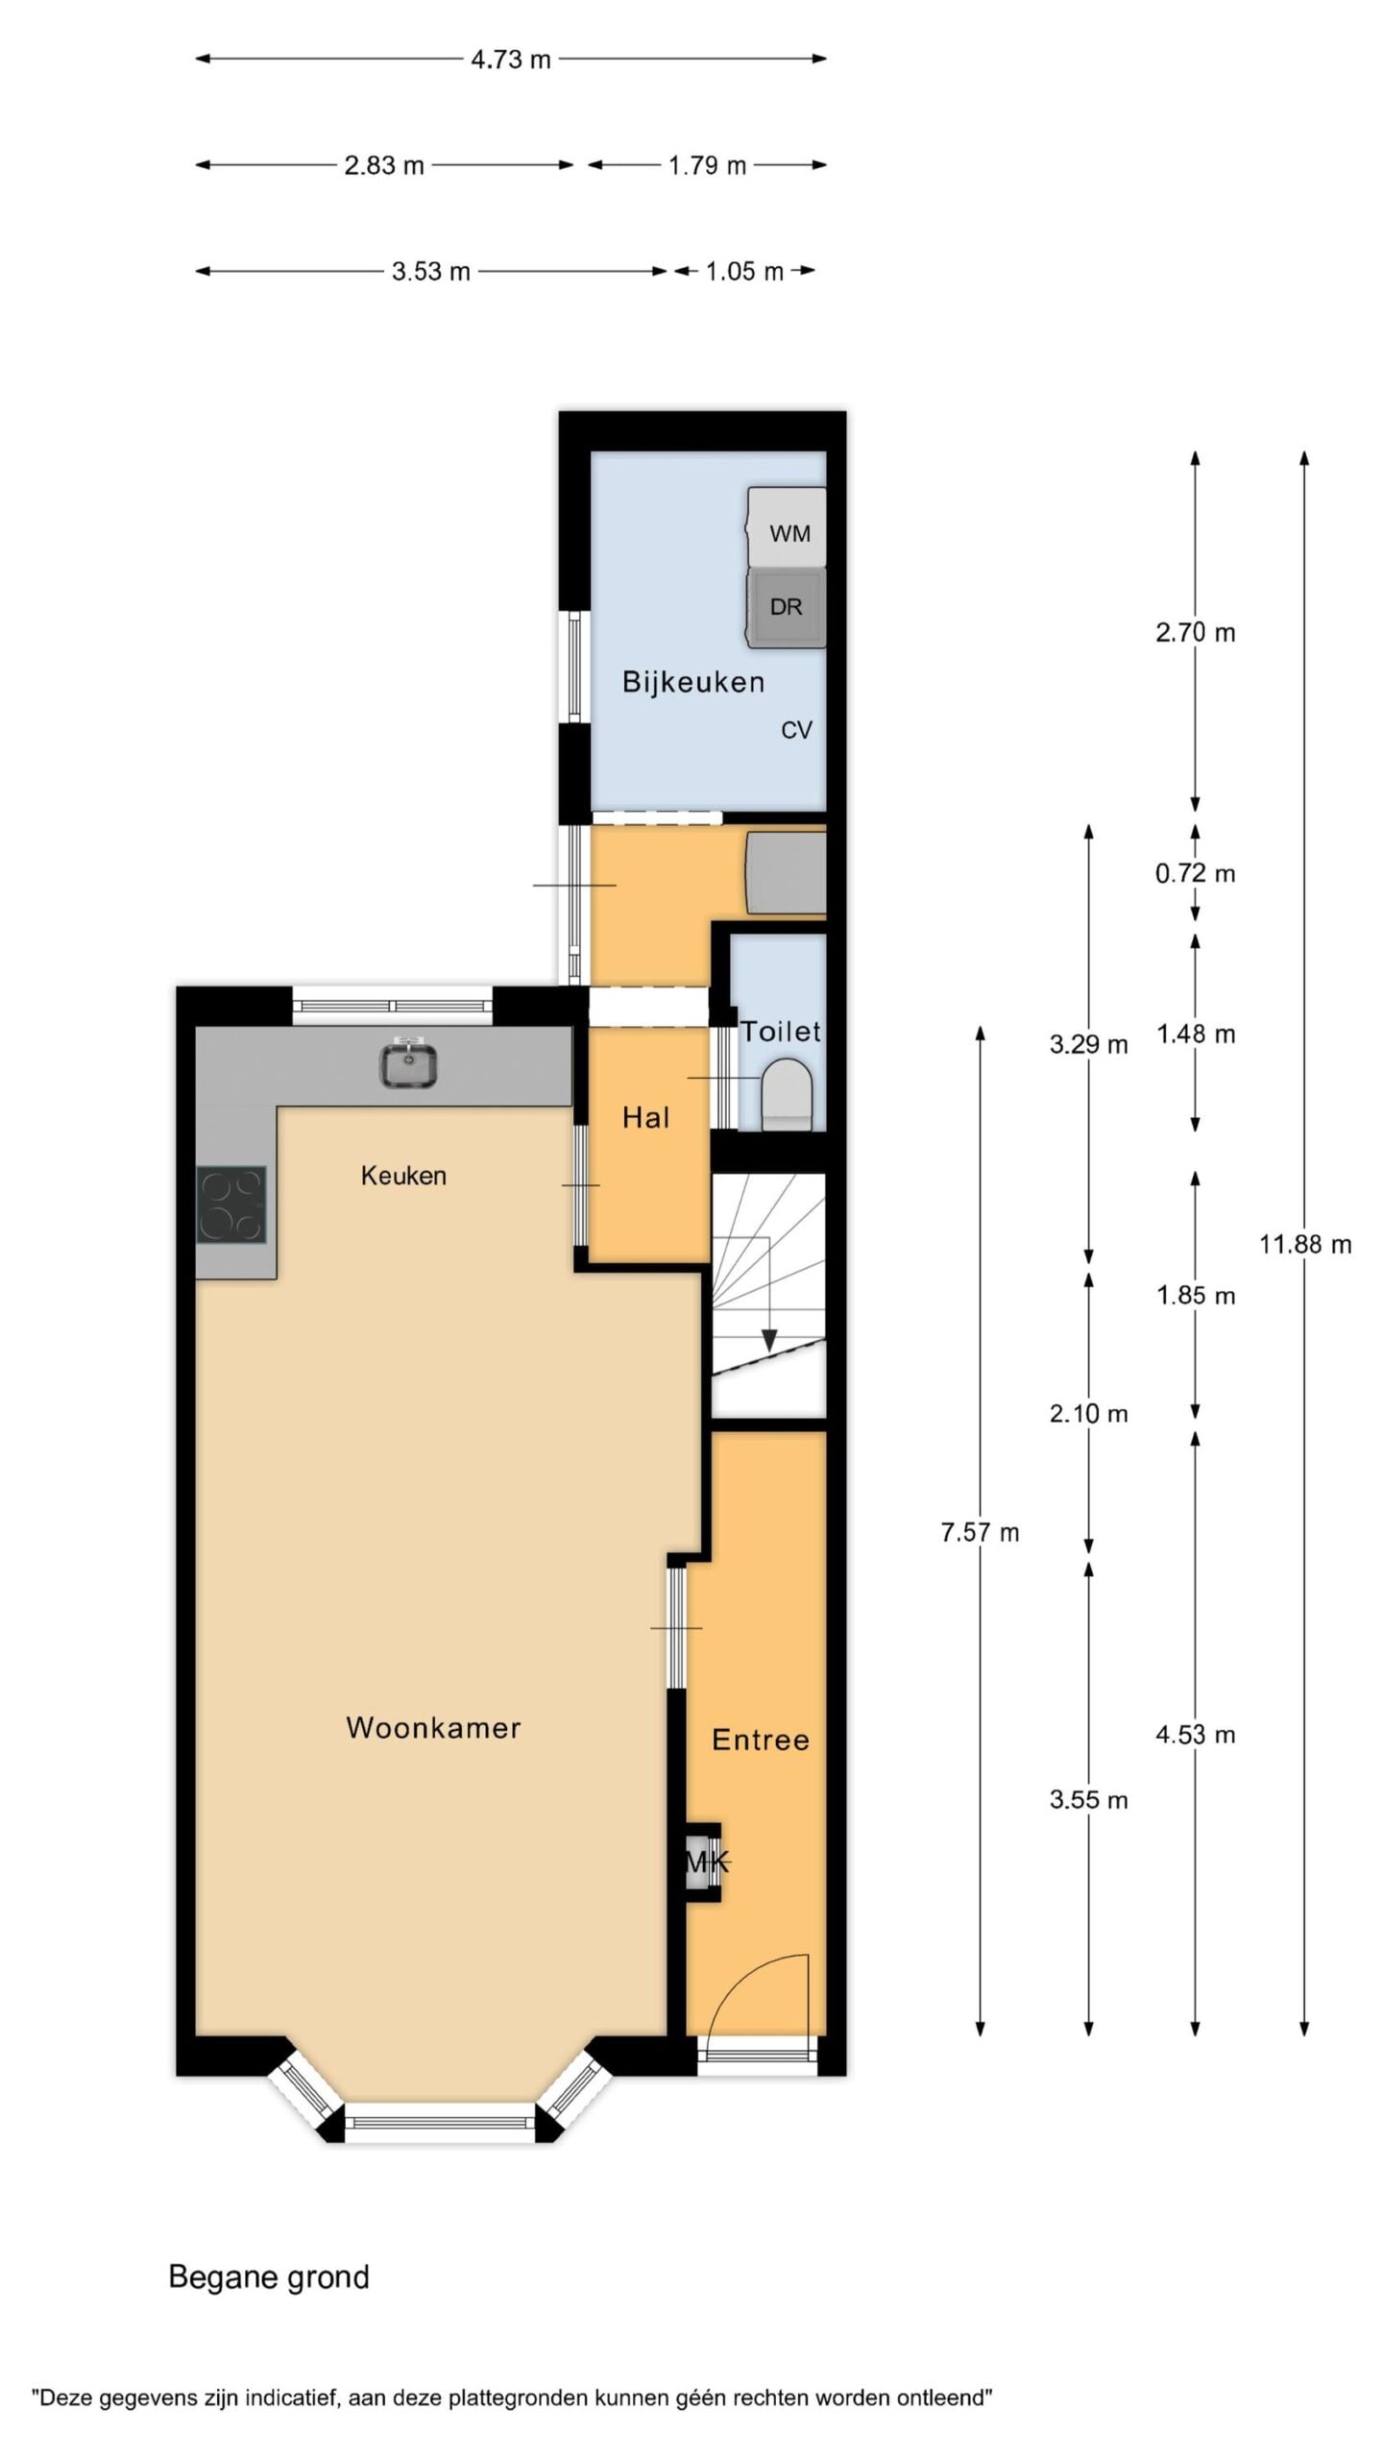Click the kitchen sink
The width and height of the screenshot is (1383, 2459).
(x=409, y=1064)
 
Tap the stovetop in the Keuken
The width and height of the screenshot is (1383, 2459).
(x=230, y=1205)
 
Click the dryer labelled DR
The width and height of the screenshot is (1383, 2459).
(x=787, y=607)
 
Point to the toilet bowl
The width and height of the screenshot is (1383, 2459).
(x=787, y=1093)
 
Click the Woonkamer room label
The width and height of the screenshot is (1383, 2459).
(x=433, y=1728)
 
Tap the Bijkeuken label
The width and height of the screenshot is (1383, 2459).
(x=693, y=682)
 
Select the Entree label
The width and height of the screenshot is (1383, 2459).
(x=761, y=1740)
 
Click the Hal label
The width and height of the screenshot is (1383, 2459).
(x=645, y=1117)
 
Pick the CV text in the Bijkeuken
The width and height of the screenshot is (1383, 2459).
(x=796, y=730)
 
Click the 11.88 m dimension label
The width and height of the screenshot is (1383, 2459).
(x=1305, y=1245)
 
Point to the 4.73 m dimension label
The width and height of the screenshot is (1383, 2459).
(x=511, y=60)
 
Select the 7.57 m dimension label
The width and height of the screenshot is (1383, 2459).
(x=980, y=1532)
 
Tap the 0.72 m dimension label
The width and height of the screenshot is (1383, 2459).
(x=1196, y=874)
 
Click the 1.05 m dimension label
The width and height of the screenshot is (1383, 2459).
(x=744, y=272)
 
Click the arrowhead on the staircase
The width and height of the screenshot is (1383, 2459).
(x=769, y=1339)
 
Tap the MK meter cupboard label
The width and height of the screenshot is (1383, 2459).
(x=708, y=1863)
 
